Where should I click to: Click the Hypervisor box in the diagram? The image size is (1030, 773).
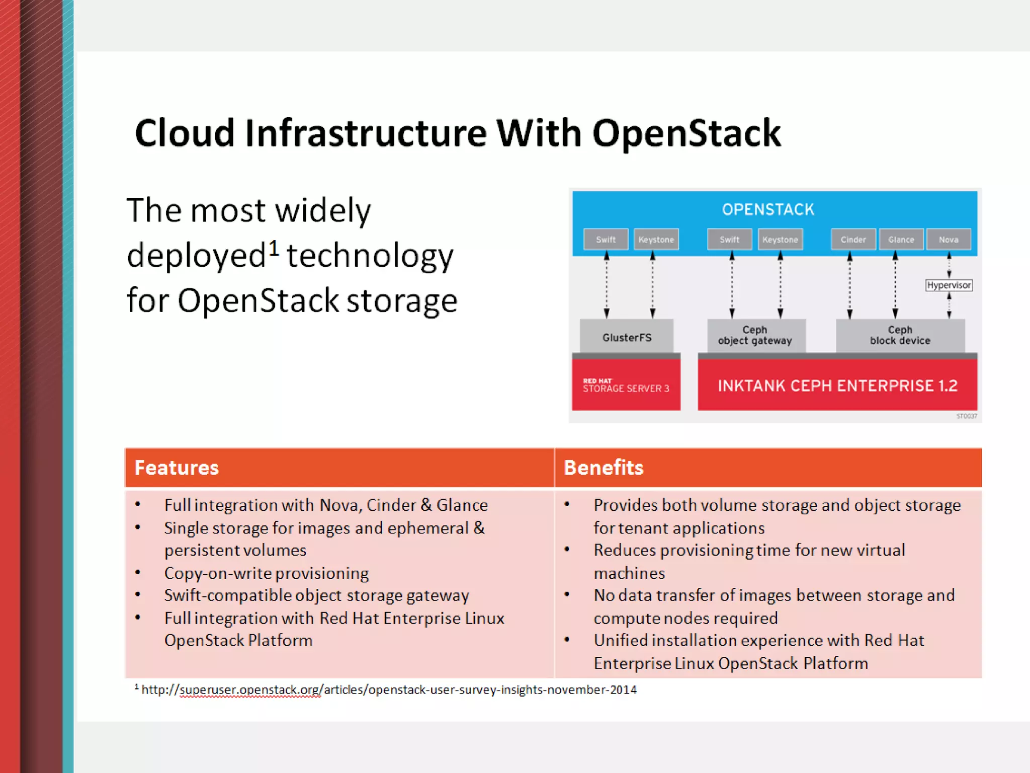coord(949,285)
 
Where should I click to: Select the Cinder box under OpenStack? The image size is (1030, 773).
coord(853,240)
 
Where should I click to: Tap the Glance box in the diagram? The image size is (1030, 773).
coord(901,240)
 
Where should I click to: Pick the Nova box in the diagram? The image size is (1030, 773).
coord(949,240)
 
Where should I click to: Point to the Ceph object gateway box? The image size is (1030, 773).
coord(755,336)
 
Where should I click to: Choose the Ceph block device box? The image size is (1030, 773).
coord(900,336)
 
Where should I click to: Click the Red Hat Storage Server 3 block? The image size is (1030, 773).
coord(626,385)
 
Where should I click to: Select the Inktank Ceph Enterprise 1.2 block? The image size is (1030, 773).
coord(837,385)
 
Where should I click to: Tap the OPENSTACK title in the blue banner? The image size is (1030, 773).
coord(768,210)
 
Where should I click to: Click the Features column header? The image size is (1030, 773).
coord(177,468)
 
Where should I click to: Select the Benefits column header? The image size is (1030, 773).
coord(604,468)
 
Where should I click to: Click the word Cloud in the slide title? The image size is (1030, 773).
coord(185,133)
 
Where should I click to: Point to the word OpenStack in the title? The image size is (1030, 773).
coord(686,133)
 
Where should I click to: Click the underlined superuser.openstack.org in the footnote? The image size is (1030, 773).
coord(250,690)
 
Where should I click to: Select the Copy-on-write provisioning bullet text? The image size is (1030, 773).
coord(266,573)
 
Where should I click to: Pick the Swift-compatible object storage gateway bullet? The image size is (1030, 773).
coord(316,595)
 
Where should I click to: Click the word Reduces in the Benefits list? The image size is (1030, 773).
coord(624,550)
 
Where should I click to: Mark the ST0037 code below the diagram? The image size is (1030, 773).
coord(966,416)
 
